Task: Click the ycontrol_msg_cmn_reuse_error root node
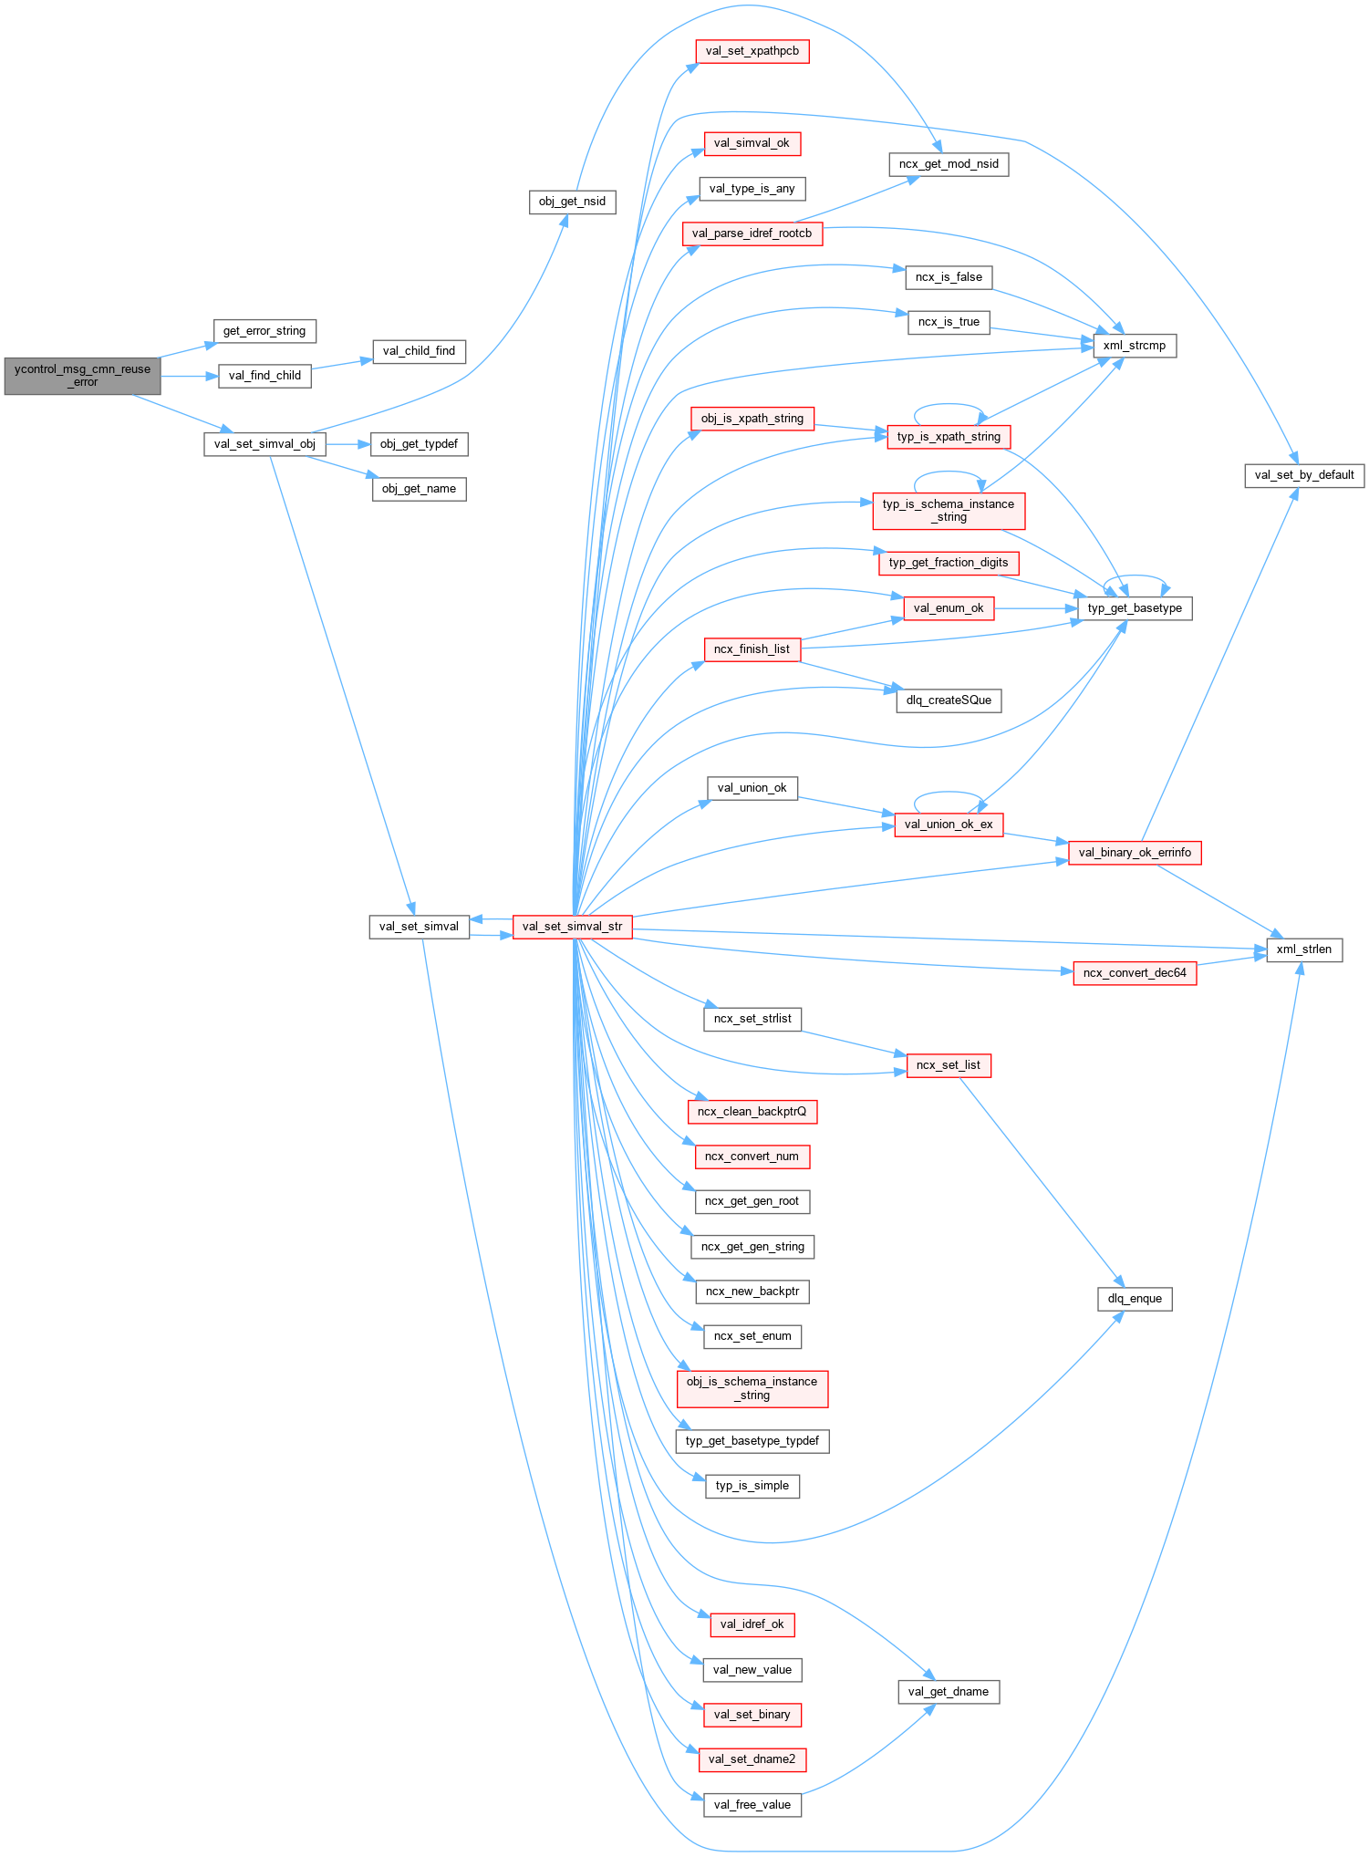pos(82,376)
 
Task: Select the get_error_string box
pos(264,331)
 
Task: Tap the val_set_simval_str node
pos(572,927)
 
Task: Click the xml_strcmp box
pos(1135,346)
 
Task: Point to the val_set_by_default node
pos(1303,475)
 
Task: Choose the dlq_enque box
pos(1135,1299)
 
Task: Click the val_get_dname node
pos(949,1692)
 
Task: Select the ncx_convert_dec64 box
pos(1135,973)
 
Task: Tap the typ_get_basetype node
pos(1135,608)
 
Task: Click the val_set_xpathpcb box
pos(752,51)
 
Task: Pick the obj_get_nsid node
pos(572,202)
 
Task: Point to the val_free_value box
pos(752,1805)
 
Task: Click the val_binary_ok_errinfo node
pos(1135,853)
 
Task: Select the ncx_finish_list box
pos(752,649)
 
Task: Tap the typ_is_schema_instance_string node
pos(949,511)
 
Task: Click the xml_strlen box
pos(1303,949)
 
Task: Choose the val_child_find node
pos(419,351)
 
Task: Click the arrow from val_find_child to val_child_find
pos(342,364)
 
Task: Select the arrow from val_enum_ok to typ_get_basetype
pos(1036,608)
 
